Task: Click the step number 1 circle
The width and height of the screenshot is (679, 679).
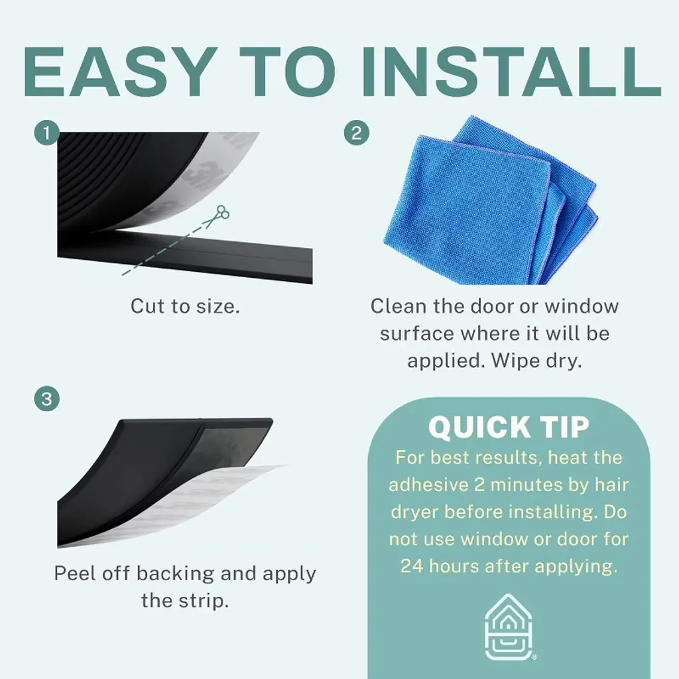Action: click(x=47, y=133)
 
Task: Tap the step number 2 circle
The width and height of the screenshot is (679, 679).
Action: click(x=356, y=133)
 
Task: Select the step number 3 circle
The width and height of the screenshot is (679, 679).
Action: click(x=47, y=399)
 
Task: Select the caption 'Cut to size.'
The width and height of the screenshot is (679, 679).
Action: click(x=185, y=306)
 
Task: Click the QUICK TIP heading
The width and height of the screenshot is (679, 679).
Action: click(x=509, y=427)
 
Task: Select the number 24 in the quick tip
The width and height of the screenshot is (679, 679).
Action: click(x=411, y=566)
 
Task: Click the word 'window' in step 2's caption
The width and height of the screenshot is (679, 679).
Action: click(x=582, y=306)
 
